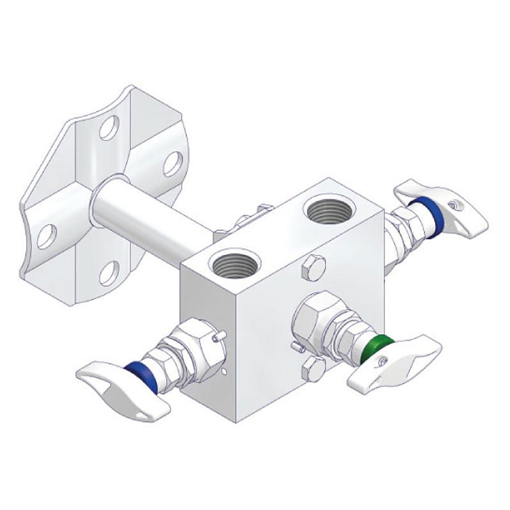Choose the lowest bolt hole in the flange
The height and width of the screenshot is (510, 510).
pos(109,273)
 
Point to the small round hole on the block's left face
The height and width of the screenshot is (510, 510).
pos(225,369)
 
